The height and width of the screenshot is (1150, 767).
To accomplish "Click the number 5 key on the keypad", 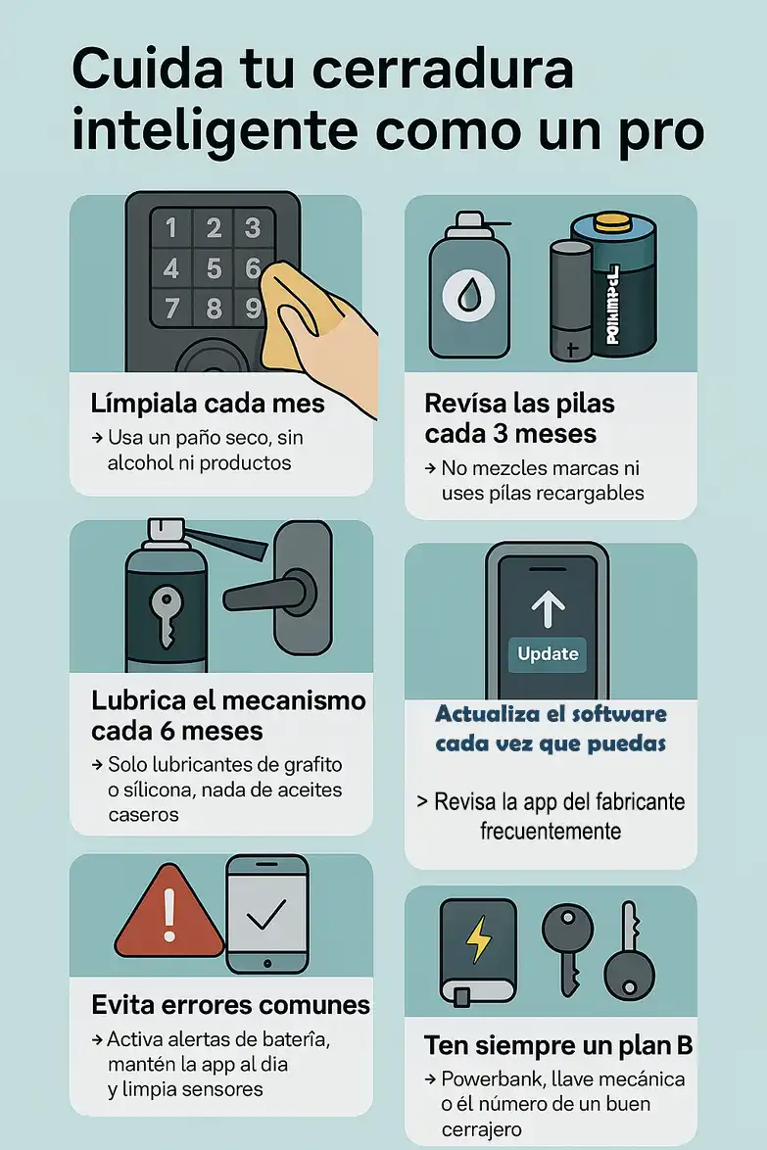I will [x=213, y=267].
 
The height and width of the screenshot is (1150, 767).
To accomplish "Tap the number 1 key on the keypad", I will [x=171, y=228].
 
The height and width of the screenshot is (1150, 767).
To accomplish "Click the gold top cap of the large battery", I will [x=611, y=221].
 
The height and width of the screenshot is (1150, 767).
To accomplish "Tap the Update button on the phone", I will [x=548, y=653].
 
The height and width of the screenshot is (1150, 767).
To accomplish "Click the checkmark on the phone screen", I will [x=266, y=917].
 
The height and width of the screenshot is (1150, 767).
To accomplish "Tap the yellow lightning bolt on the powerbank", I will [x=478, y=941].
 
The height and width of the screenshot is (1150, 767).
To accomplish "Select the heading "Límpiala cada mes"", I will [x=207, y=403].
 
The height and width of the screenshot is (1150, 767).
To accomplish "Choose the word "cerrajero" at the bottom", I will [x=482, y=1130].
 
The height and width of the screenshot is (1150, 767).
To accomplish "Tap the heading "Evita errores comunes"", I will [x=230, y=1004].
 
